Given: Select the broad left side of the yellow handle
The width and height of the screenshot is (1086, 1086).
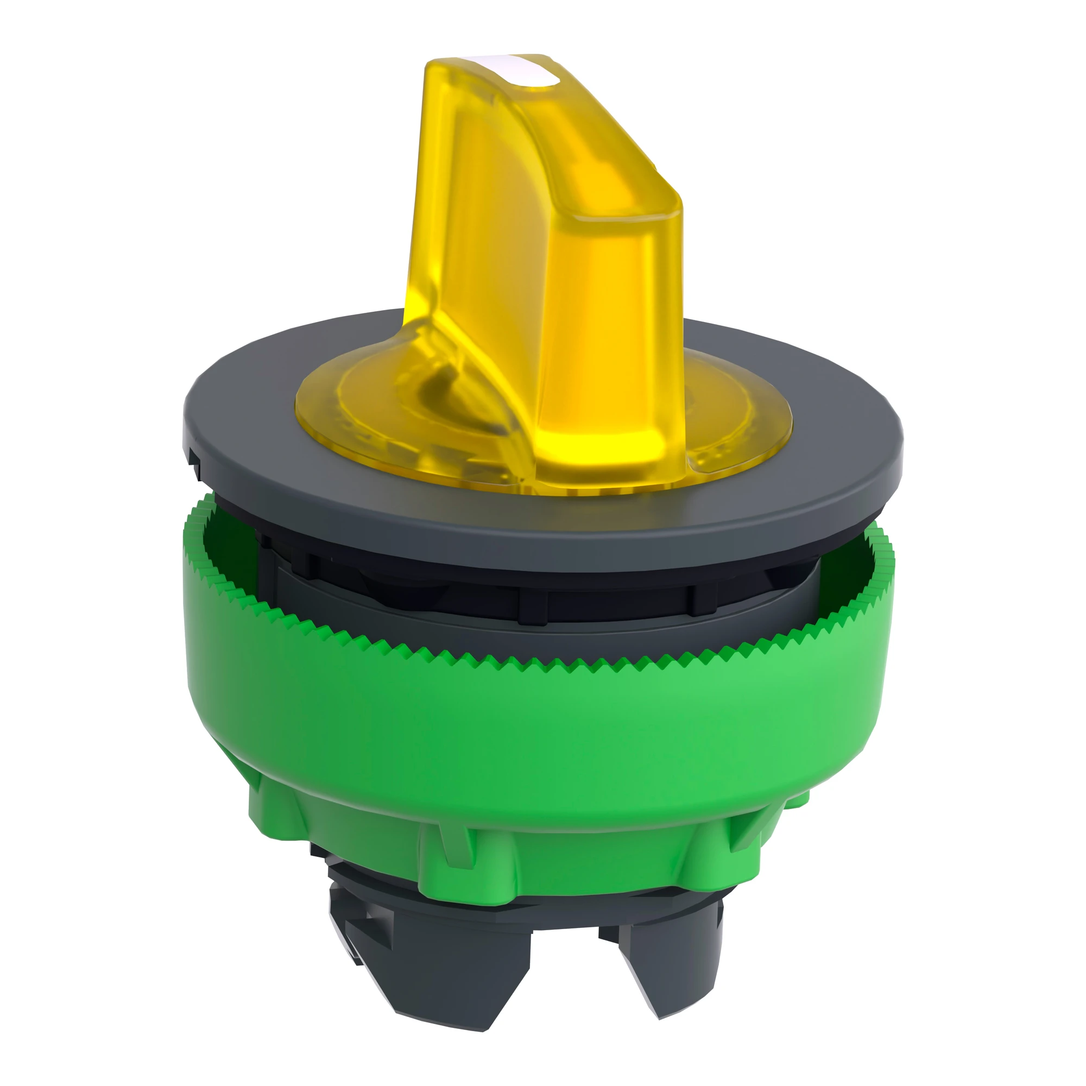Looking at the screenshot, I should coord(478,225).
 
